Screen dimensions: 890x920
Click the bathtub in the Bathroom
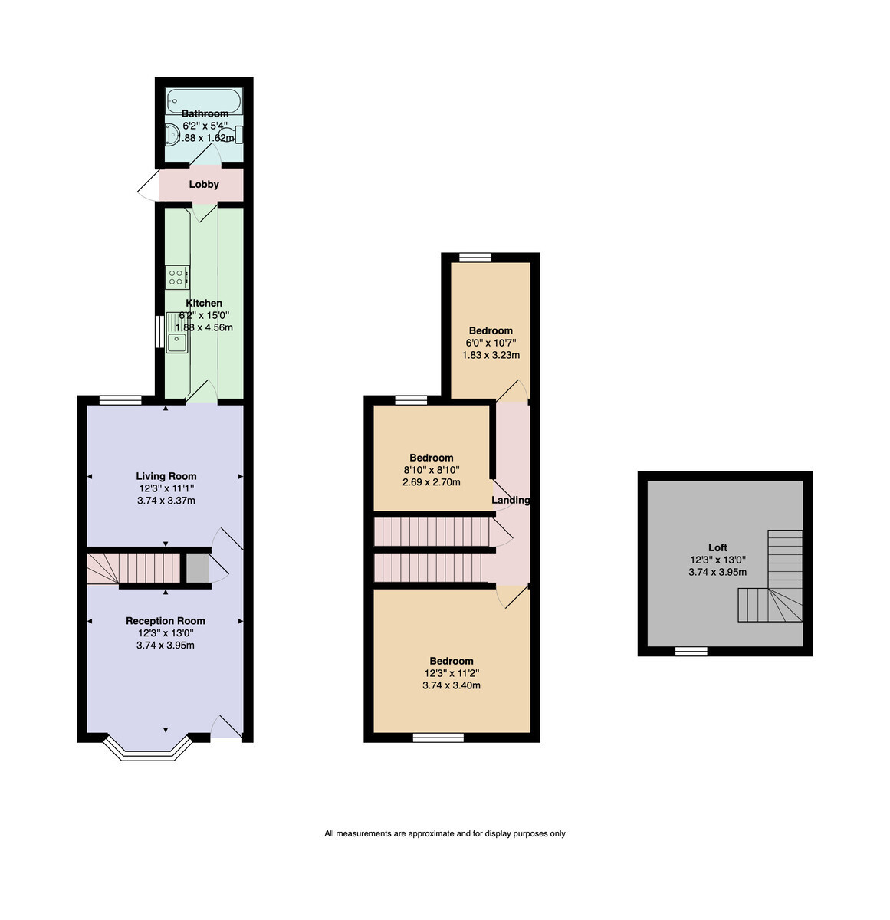(x=204, y=100)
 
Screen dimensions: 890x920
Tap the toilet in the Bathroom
(x=233, y=135)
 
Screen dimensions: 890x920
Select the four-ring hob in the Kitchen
(x=177, y=277)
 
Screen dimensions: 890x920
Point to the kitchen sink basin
(x=177, y=342)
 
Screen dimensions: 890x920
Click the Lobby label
(x=204, y=184)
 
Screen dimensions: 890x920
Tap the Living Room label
(x=166, y=475)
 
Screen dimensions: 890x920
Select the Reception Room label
(x=166, y=620)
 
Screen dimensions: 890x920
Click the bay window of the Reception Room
(x=148, y=748)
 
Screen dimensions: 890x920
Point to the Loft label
(x=717, y=547)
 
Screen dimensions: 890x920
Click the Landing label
(x=511, y=500)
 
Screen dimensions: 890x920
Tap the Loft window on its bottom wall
(x=691, y=652)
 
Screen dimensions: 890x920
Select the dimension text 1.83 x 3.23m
(x=491, y=355)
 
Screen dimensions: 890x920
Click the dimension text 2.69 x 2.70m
(x=431, y=482)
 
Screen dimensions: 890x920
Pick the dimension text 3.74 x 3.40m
(x=452, y=685)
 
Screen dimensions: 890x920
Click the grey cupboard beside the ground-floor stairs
(x=197, y=567)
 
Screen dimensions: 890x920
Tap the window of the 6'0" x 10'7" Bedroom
(x=475, y=258)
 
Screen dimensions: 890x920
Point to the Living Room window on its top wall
(x=120, y=400)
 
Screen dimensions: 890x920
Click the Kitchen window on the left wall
(x=159, y=331)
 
